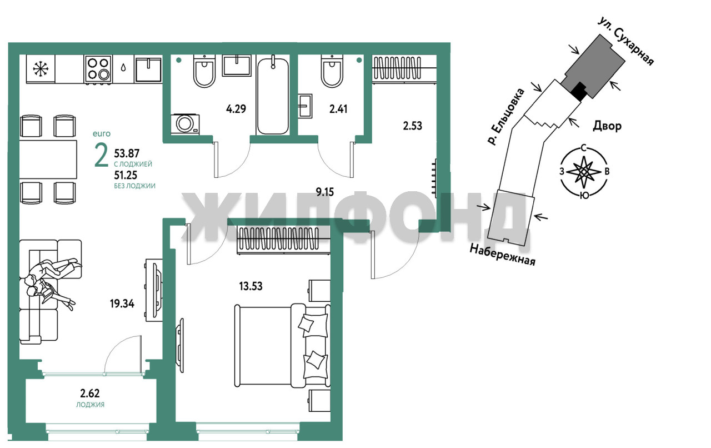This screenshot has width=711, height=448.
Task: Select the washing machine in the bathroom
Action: tap(185, 124)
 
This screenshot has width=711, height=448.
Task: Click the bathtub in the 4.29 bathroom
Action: tap(273, 95)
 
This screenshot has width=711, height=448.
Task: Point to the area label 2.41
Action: tap(338, 109)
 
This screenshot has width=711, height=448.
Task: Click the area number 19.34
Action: tap(122, 303)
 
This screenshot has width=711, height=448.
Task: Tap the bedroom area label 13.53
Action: tap(251, 286)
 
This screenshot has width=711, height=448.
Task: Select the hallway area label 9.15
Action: tap(325, 192)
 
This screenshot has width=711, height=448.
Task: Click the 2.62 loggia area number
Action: tap(90, 394)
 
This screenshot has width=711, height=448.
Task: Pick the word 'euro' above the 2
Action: tap(102, 134)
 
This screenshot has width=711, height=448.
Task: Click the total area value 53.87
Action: tap(127, 153)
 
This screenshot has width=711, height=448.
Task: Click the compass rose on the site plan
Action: tap(583, 172)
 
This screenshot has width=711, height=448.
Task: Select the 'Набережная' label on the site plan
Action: tap(503, 255)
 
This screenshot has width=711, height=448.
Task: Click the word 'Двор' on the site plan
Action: tap(607, 126)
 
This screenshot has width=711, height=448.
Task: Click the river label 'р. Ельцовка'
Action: tap(506, 117)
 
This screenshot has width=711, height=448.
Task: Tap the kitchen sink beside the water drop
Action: tap(148, 69)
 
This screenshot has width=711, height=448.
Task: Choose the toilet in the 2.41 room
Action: tap(332, 71)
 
